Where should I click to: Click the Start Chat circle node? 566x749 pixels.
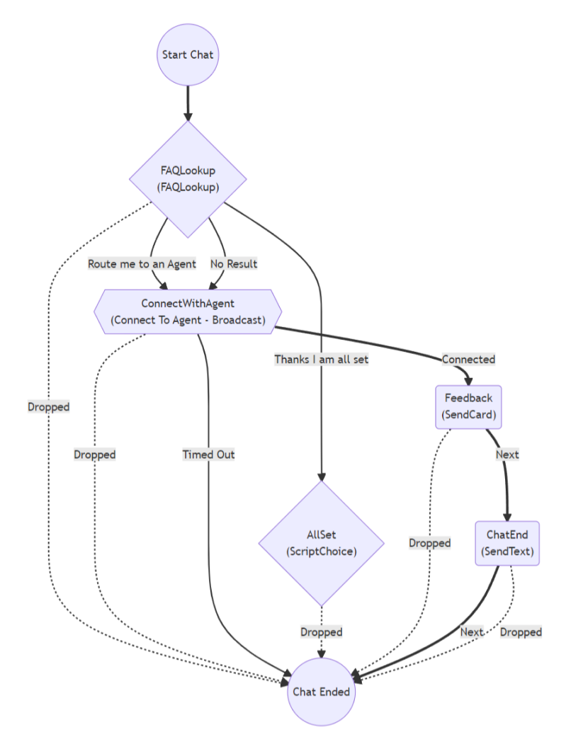188,55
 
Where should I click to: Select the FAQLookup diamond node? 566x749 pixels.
188,179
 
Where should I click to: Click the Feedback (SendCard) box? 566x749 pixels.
468,407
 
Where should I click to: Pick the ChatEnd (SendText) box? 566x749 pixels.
507,543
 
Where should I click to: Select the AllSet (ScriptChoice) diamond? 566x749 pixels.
322,543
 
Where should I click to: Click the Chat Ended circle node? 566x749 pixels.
322,691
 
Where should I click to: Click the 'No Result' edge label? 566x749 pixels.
234,264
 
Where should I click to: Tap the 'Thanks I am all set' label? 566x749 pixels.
322,359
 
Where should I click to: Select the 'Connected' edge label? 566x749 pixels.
468,359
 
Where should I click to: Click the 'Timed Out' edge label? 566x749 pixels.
208,454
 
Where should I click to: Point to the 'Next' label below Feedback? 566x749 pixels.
507,454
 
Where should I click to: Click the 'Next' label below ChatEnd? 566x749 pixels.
472,631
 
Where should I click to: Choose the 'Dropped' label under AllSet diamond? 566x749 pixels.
322,631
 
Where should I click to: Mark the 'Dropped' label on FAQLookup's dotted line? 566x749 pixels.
48,407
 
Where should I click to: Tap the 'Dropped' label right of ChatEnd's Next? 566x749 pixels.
521,631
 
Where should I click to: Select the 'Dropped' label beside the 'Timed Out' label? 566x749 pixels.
94,454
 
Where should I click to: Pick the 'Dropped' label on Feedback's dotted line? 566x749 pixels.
429,543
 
